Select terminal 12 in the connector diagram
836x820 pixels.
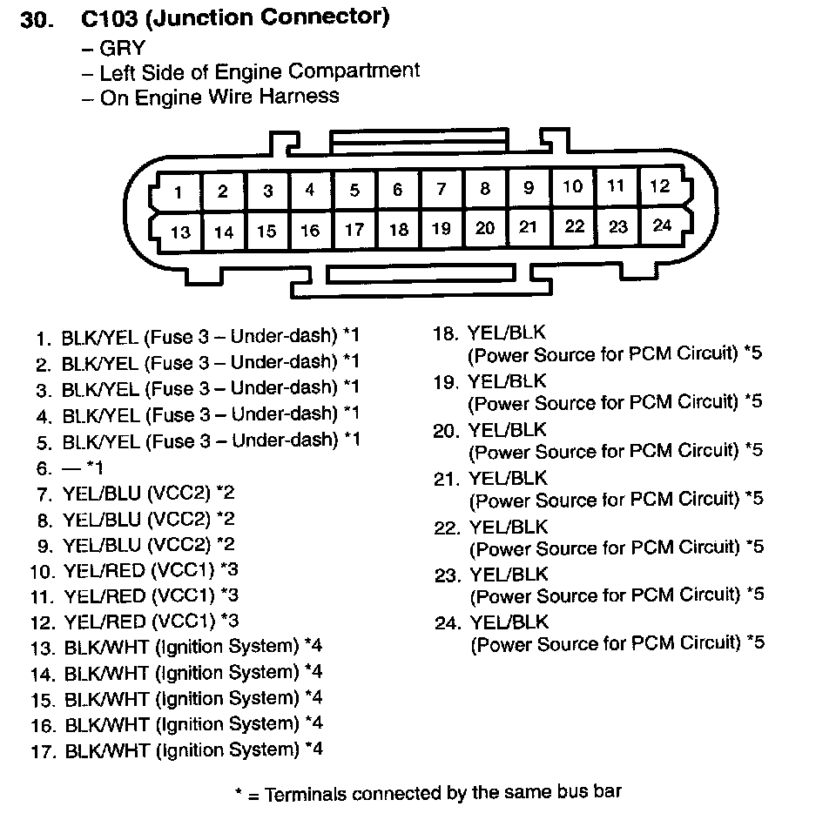point(660,185)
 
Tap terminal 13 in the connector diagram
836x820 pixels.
point(180,232)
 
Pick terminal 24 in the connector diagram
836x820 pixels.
point(662,225)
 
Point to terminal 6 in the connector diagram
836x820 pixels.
point(398,190)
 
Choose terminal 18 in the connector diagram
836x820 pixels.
point(399,230)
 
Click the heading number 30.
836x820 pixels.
point(38,19)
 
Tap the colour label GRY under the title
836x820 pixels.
point(122,48)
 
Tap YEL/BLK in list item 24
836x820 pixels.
point(509,622)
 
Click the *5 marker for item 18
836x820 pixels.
point(753,353)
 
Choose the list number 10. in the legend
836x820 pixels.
point(43,572)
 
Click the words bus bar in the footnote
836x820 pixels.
point(590,793)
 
